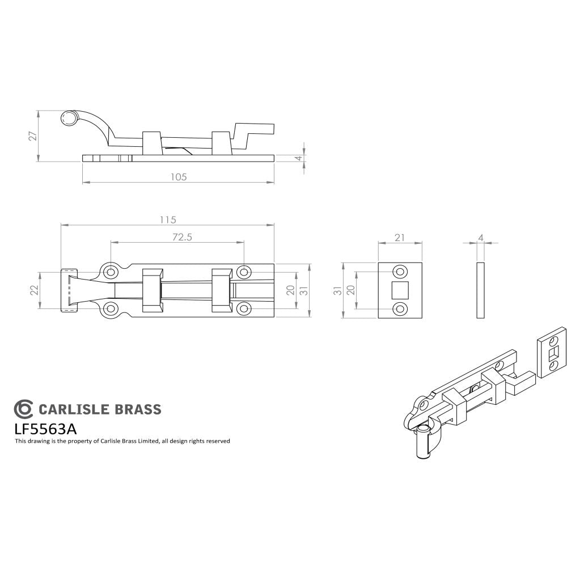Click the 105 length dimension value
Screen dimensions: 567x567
point(178,177)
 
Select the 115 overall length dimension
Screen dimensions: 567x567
point(168,219)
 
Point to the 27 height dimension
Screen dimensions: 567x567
point(33,136)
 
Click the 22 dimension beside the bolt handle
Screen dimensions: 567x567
point(34,290)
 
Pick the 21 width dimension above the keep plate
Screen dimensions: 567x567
point(400,238)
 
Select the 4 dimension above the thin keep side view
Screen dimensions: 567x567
point(481,238)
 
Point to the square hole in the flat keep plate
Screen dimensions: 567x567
point(400,290)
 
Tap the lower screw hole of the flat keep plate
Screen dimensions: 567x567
point(400,308)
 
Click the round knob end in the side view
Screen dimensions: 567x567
point(69,118)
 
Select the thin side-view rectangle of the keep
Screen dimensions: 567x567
point(481,290)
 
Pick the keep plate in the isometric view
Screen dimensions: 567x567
point(551,352)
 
